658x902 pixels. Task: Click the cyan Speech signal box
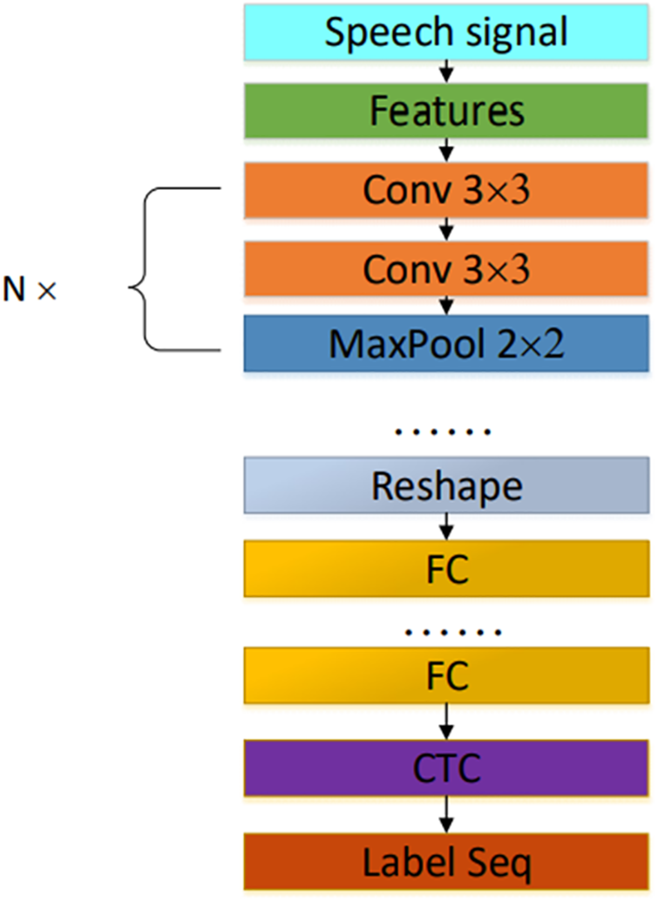pos(446,32)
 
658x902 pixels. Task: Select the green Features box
pos(446,111)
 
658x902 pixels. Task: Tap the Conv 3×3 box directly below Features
pos(446,189)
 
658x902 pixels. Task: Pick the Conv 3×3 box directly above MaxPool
pos(446,268)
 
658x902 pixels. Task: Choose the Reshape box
pos(446,486)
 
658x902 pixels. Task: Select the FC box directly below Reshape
pos(446,568)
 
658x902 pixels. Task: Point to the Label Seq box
pos(446,864)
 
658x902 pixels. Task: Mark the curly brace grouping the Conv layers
pos(174,268)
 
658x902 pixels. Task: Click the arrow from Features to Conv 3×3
pos(446,150)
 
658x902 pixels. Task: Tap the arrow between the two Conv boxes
pos(446,229)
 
